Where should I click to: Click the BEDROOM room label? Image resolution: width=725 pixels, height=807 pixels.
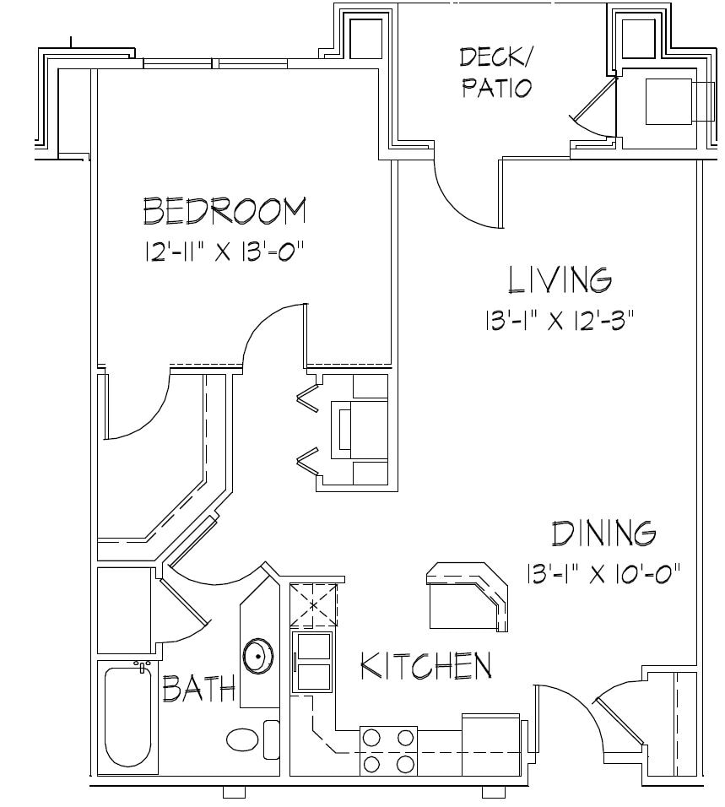tap(225, 211)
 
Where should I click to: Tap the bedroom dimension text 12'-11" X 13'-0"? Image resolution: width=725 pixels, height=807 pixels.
tap(224, 252)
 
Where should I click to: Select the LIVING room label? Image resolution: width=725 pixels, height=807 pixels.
tap(559, 279)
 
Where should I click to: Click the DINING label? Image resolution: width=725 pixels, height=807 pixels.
tap(603, 534)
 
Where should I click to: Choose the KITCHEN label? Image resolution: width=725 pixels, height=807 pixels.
tap(426, 666)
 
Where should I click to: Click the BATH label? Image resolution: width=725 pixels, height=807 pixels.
tap(198, 690)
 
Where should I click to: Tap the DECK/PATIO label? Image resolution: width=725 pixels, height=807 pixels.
tap(496, 73)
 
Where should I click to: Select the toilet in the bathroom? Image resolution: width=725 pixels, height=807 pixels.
tap(245, 740)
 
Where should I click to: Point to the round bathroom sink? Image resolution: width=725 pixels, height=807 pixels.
tap(258, 656)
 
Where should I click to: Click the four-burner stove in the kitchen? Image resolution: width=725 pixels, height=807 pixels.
tap(389, 750)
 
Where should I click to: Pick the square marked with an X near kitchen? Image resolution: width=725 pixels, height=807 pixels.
tap(314, 605)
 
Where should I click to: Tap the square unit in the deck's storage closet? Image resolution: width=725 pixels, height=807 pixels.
tap(669, 101)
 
